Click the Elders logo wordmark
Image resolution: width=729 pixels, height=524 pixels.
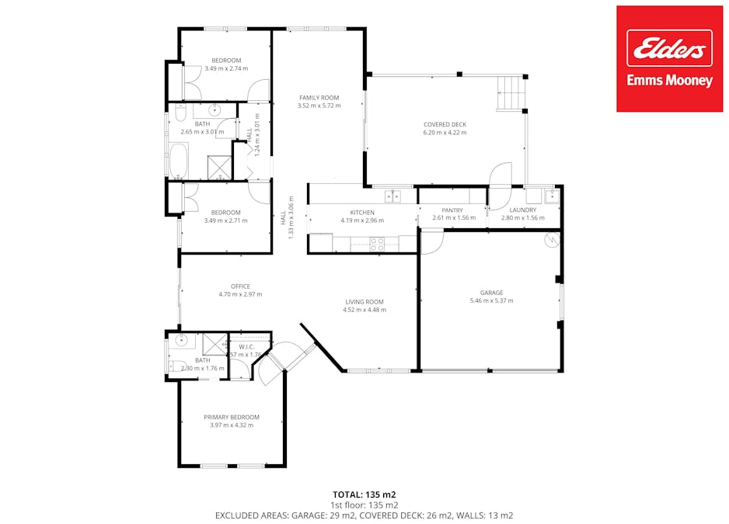669,49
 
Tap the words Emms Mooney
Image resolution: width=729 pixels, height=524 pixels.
669,81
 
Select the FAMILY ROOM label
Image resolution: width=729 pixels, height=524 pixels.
319,97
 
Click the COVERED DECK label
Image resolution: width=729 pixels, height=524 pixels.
445,124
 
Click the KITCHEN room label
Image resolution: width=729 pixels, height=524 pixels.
362,212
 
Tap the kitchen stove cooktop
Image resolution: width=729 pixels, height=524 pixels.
376,244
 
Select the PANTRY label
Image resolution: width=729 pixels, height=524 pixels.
452,210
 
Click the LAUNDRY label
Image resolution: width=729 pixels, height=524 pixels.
523,210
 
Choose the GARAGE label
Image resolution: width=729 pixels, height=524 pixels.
491,293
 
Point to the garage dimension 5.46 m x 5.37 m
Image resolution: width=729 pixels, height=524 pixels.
491,300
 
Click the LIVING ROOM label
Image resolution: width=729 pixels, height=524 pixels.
364,301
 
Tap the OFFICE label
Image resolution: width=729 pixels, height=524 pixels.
240,286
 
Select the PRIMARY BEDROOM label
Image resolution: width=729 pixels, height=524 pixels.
232,417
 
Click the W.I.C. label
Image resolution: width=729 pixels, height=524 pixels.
247,346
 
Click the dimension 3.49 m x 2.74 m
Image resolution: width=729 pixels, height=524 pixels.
226,68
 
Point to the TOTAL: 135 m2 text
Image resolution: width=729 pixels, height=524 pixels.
364,494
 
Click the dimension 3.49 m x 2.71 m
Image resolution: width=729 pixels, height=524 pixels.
226,220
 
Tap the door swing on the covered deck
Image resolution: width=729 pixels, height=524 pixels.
501,174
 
